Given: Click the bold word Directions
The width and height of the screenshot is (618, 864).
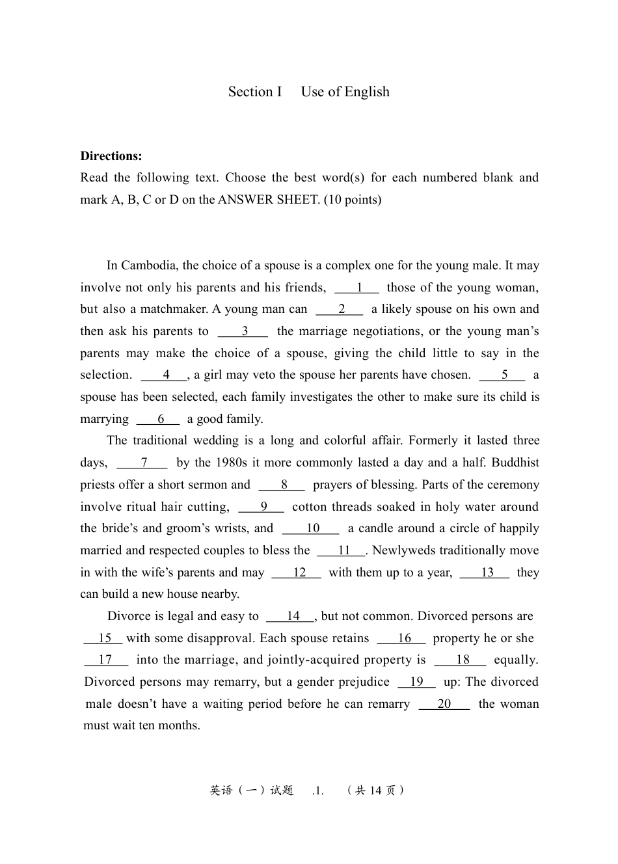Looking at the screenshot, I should click(111, 156).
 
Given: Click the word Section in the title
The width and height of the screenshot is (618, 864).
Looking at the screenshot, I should click(250, 92).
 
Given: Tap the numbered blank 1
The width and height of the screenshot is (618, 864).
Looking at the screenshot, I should click(357, 288).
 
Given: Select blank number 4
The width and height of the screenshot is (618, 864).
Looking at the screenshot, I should click(165, 375).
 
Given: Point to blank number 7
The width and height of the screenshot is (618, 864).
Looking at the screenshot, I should click(142, 463).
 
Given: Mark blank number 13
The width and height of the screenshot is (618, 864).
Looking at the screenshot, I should click(485, 573).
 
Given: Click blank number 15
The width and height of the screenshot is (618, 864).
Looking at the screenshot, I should click(103, 638).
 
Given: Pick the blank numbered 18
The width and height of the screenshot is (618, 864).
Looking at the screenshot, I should click(461, 660).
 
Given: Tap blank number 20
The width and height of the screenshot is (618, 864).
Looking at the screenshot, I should click(444, 704).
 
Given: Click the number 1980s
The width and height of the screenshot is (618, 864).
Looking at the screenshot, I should click(230, 463).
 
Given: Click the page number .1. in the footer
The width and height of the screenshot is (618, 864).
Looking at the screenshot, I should click(317, 791).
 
